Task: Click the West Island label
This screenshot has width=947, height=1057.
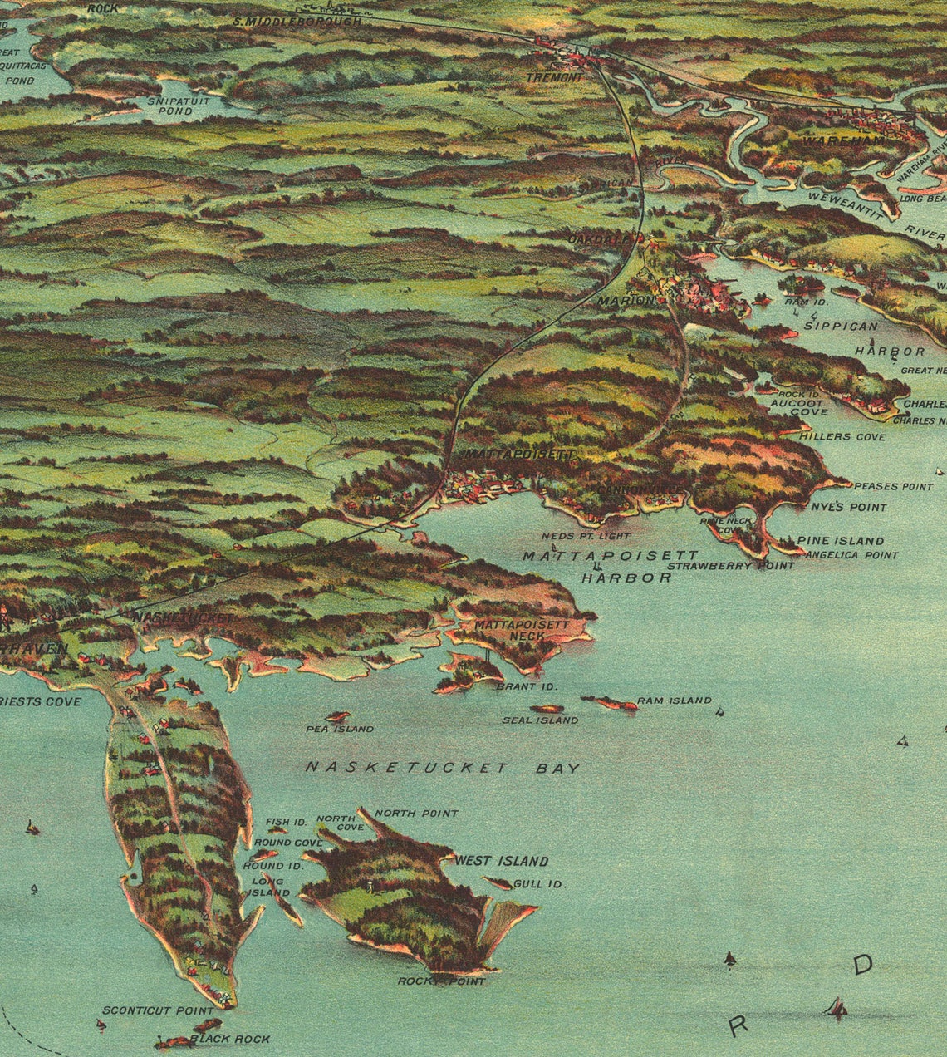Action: [x=501, y=861]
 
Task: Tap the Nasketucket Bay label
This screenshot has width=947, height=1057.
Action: [x=442, y=768]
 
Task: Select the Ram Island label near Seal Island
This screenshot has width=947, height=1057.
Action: [x=674, y=701]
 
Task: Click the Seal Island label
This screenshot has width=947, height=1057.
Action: [x=540, y=720]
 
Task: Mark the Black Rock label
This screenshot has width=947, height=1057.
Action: [x=229, y=1039]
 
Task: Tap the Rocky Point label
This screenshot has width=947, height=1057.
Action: [x=441, y=981]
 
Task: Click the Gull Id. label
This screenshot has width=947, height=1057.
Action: [x=540, y=883]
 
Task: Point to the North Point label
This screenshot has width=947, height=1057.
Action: [x=416, y=813]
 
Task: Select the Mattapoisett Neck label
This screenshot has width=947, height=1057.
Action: [x=522, y=630]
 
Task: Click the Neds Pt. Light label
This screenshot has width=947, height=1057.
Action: [x=586, y=536]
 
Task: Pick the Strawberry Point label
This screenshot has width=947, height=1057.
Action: [x=730, y=565]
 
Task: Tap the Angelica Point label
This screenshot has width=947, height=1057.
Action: [x=851, y=554]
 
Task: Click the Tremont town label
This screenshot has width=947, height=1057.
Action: [x=554, y=77]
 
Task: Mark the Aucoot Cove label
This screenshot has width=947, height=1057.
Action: [x=798, y=406]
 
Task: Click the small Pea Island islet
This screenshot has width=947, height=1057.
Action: [x=337, y=716]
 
